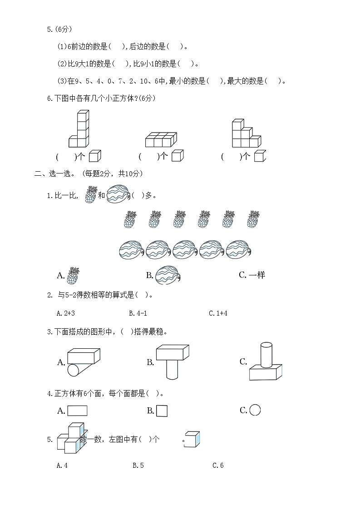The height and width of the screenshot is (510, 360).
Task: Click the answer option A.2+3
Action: (66, 313)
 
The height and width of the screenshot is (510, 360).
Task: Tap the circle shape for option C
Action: (255, 410)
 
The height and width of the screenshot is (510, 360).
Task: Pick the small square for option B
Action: (162, 411)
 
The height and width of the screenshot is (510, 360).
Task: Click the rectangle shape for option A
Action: (77, 411)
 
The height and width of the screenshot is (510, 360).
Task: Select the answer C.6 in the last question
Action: (218, 465)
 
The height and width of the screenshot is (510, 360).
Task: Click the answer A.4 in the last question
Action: (62, 465)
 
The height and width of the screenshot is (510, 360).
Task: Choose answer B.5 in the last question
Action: (138, 465)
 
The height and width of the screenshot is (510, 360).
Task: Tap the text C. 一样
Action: (252, 275)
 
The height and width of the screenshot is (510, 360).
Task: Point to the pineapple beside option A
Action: (73, 276)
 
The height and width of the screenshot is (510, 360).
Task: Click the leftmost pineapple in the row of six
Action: (130, 219)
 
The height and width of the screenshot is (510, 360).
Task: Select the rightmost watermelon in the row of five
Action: (239, 249)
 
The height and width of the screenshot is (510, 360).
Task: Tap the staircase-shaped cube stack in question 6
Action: (245, 134)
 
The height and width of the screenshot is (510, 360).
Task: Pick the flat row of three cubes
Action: (161, 140)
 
